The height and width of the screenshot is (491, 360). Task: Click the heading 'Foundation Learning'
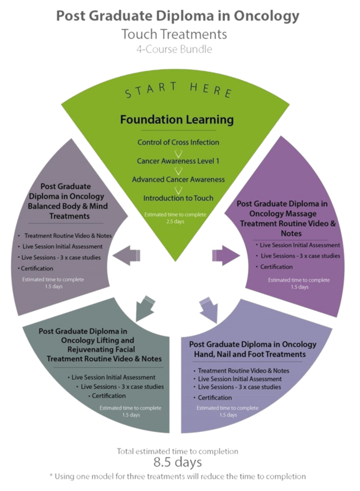177,120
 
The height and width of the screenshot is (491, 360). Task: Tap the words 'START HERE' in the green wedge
179,91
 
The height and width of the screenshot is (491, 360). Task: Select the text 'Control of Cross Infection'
178,143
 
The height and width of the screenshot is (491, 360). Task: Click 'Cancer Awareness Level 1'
178,161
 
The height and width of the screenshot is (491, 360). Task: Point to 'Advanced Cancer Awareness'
178,179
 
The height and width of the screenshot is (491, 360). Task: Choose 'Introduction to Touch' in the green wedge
178,198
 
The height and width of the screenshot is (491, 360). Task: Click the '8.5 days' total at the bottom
178,462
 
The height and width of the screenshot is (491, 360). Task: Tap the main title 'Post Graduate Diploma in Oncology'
178,17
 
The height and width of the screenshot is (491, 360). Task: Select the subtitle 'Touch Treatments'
174,35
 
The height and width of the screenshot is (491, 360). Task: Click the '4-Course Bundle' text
173,49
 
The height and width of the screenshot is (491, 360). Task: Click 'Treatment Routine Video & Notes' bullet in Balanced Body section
68,236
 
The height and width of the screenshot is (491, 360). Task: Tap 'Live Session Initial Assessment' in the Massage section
300,245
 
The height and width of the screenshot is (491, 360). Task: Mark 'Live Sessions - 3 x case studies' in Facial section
122,387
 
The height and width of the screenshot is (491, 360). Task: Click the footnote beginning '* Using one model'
177,476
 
